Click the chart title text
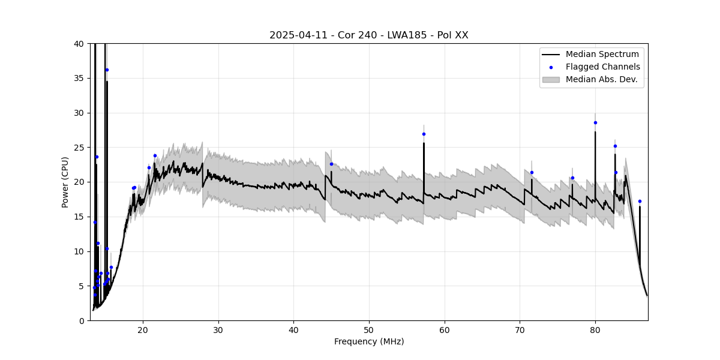368,35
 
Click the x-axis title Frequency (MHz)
368,341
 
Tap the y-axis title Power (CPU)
65,182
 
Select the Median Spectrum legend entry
602,55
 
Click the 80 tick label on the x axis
595,329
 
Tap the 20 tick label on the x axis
143,329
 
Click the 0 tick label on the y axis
82,320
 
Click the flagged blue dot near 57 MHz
424,134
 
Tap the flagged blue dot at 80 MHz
595,122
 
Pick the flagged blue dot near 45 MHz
331,164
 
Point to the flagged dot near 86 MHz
640,201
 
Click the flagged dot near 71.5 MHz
532,172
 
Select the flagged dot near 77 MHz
572,178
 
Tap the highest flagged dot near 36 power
107,70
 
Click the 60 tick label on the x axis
445,329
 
